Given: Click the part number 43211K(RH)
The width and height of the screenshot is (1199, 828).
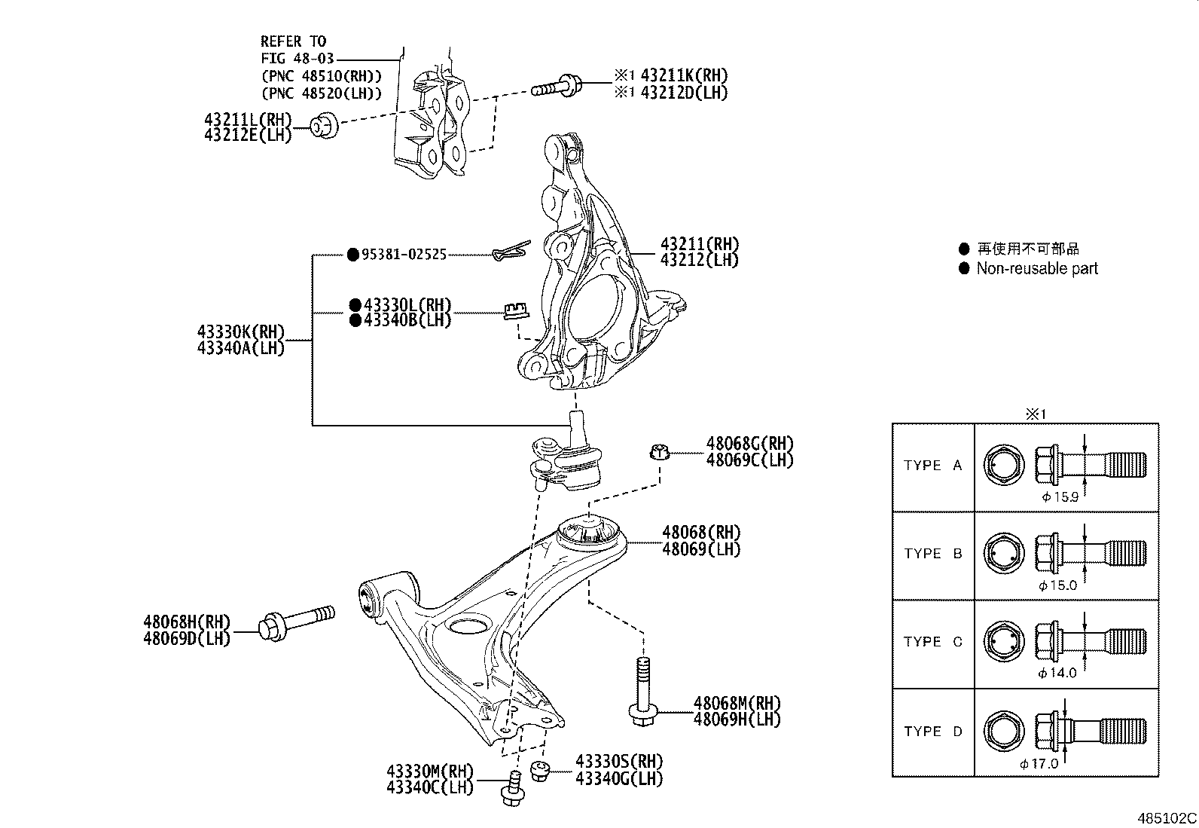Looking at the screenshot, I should point(684,75).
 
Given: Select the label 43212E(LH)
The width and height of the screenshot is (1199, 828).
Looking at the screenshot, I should point(247,136).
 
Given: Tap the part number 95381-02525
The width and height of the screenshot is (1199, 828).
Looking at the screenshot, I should point(404,255).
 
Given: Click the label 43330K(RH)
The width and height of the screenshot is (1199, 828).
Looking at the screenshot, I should point(241,332).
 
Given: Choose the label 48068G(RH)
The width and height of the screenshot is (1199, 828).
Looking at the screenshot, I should point(749,444).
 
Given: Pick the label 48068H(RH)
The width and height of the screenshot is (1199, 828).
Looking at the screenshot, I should point(187,622).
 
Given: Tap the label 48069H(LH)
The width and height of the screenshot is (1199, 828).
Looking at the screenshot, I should point(737,720).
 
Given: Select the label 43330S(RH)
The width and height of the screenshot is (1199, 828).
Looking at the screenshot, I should point(619,762).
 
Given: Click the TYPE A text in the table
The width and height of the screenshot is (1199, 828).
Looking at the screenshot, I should point(932,466).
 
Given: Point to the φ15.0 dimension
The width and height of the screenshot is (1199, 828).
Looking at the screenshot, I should point(1057,585).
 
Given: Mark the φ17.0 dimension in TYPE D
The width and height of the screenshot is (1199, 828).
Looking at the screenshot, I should point(1039,763).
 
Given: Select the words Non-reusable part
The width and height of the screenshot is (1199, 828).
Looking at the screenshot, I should point(1036,268).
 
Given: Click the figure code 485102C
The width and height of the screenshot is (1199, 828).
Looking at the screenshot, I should point(1166,817).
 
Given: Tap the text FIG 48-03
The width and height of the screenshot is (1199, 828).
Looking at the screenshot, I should point(297,58).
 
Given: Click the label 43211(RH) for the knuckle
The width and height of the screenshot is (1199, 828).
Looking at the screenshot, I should point(699,244).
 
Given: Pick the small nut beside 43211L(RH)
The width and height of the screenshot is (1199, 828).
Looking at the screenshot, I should point(325,126).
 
